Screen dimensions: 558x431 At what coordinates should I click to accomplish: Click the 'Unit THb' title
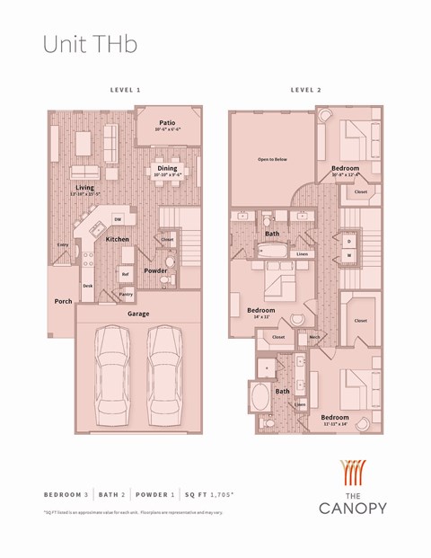click(90, 44)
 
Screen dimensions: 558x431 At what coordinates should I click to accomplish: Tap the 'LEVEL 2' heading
click(305, 91)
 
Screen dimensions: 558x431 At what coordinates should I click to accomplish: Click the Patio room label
click(167, 123)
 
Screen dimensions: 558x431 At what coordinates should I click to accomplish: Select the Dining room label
click(167, 168)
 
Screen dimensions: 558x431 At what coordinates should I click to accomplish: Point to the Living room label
click(85, 187)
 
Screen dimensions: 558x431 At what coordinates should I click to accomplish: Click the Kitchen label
click(118, 239)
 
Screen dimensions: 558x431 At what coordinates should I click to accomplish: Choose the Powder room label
click(155, 270)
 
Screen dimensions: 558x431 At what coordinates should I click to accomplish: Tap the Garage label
click(137, 314)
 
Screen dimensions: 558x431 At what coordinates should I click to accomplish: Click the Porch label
click(63, 301)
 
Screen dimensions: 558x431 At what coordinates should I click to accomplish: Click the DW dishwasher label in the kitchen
click(118, 219)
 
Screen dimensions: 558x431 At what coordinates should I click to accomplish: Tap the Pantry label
click(126, 294)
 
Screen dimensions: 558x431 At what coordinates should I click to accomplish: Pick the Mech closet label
click(314, 337)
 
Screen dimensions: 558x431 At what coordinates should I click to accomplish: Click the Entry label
click(63, 244)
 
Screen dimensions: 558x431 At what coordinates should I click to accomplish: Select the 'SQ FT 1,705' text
click(215, 495)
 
